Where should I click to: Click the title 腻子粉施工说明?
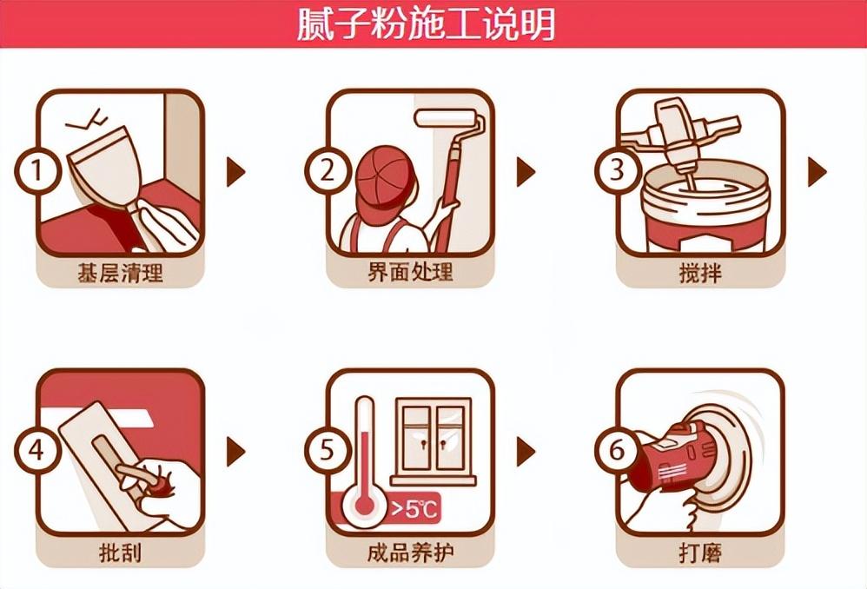(426, 24)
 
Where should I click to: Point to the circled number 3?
(616, 171)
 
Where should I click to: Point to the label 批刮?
(120, 553)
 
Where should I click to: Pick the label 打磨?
(700, 553)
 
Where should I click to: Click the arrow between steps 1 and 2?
(235, 172)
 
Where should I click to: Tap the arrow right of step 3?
(816, 172)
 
